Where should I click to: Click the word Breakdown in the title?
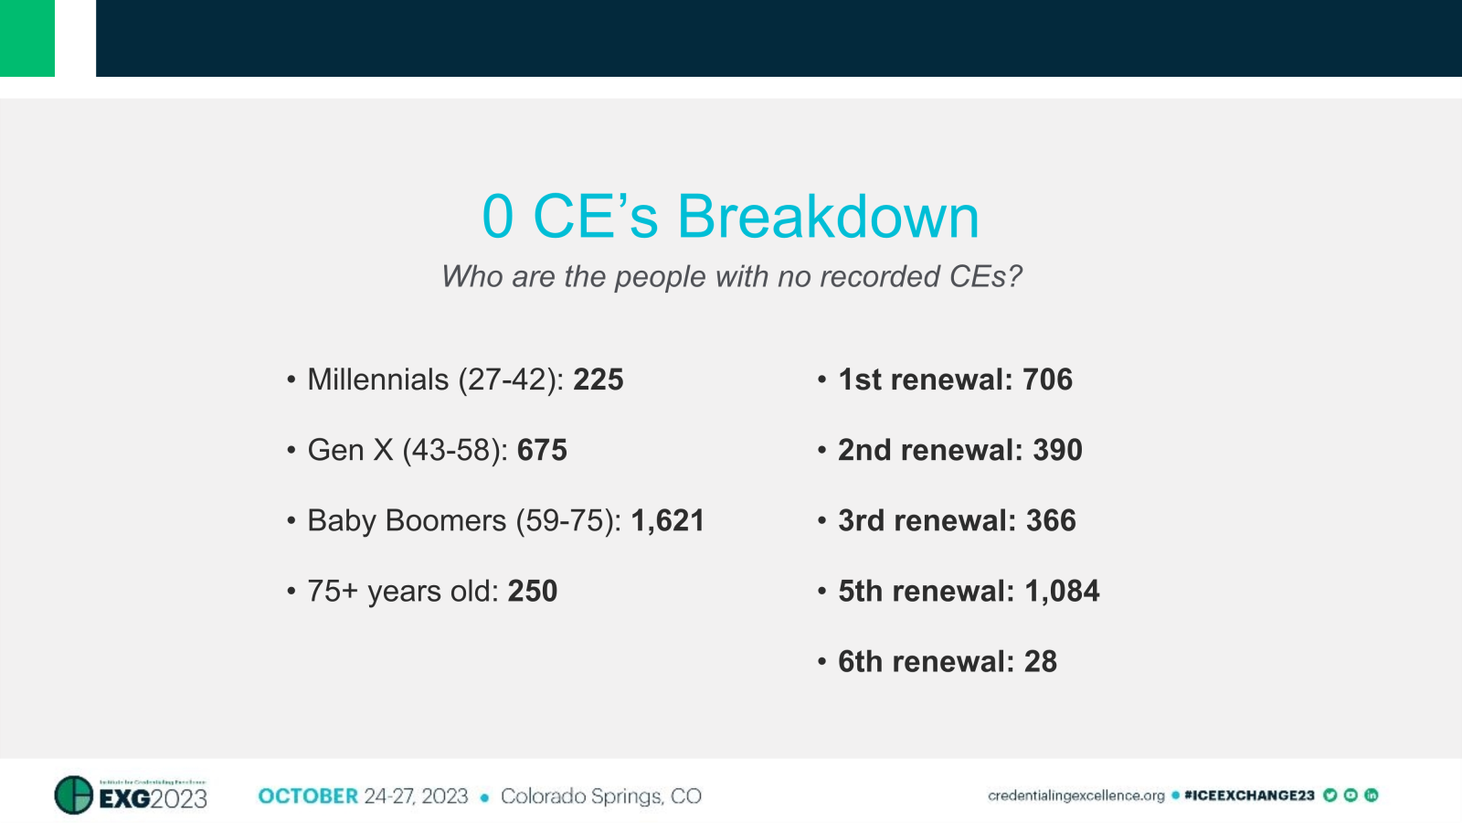[x=827, y=218]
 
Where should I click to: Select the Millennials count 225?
[x=599, y=379]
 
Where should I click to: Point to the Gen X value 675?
[x=542, y=450]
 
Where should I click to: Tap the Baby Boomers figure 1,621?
[x=667, y=520]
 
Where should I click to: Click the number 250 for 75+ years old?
[x=533, y=591]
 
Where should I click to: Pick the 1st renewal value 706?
[x=1047, y=379]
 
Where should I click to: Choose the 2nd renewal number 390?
[x=1057, y=450]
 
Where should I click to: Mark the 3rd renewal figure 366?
[x=1051, y=520]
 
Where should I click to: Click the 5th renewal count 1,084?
[x=1062, y=591]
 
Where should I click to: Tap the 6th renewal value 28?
[x=1040, y=661]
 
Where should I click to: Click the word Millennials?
[x=378, y=379]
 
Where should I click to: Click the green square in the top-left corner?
[x=27, y=38]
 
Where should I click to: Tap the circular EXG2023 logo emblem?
[x=74, y=795]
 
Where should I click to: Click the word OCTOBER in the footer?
[x=308, y=796]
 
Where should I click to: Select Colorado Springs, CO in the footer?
[x=600, y=796]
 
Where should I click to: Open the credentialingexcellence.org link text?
[x=1075, y=796]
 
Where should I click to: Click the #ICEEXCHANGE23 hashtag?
[x=1248, y=796]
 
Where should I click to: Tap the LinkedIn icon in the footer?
[x=1371, y=796]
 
